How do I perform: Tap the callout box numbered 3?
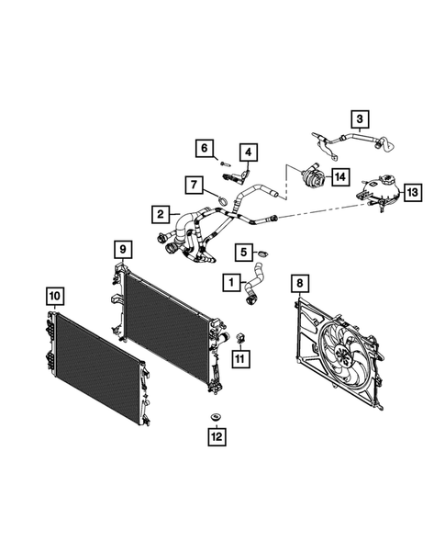[360, 118]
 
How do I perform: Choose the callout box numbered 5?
[243, 251]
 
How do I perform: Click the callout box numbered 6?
[206, 148]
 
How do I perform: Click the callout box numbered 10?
[55, 295]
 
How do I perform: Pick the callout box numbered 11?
[240, 359]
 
